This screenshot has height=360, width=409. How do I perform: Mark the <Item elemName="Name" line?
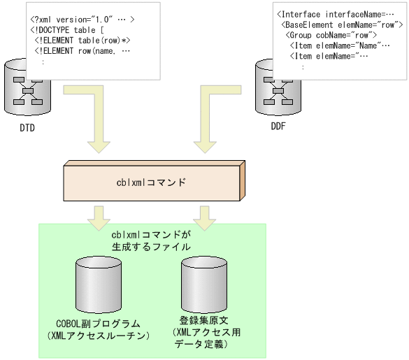(x=336, y=45)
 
